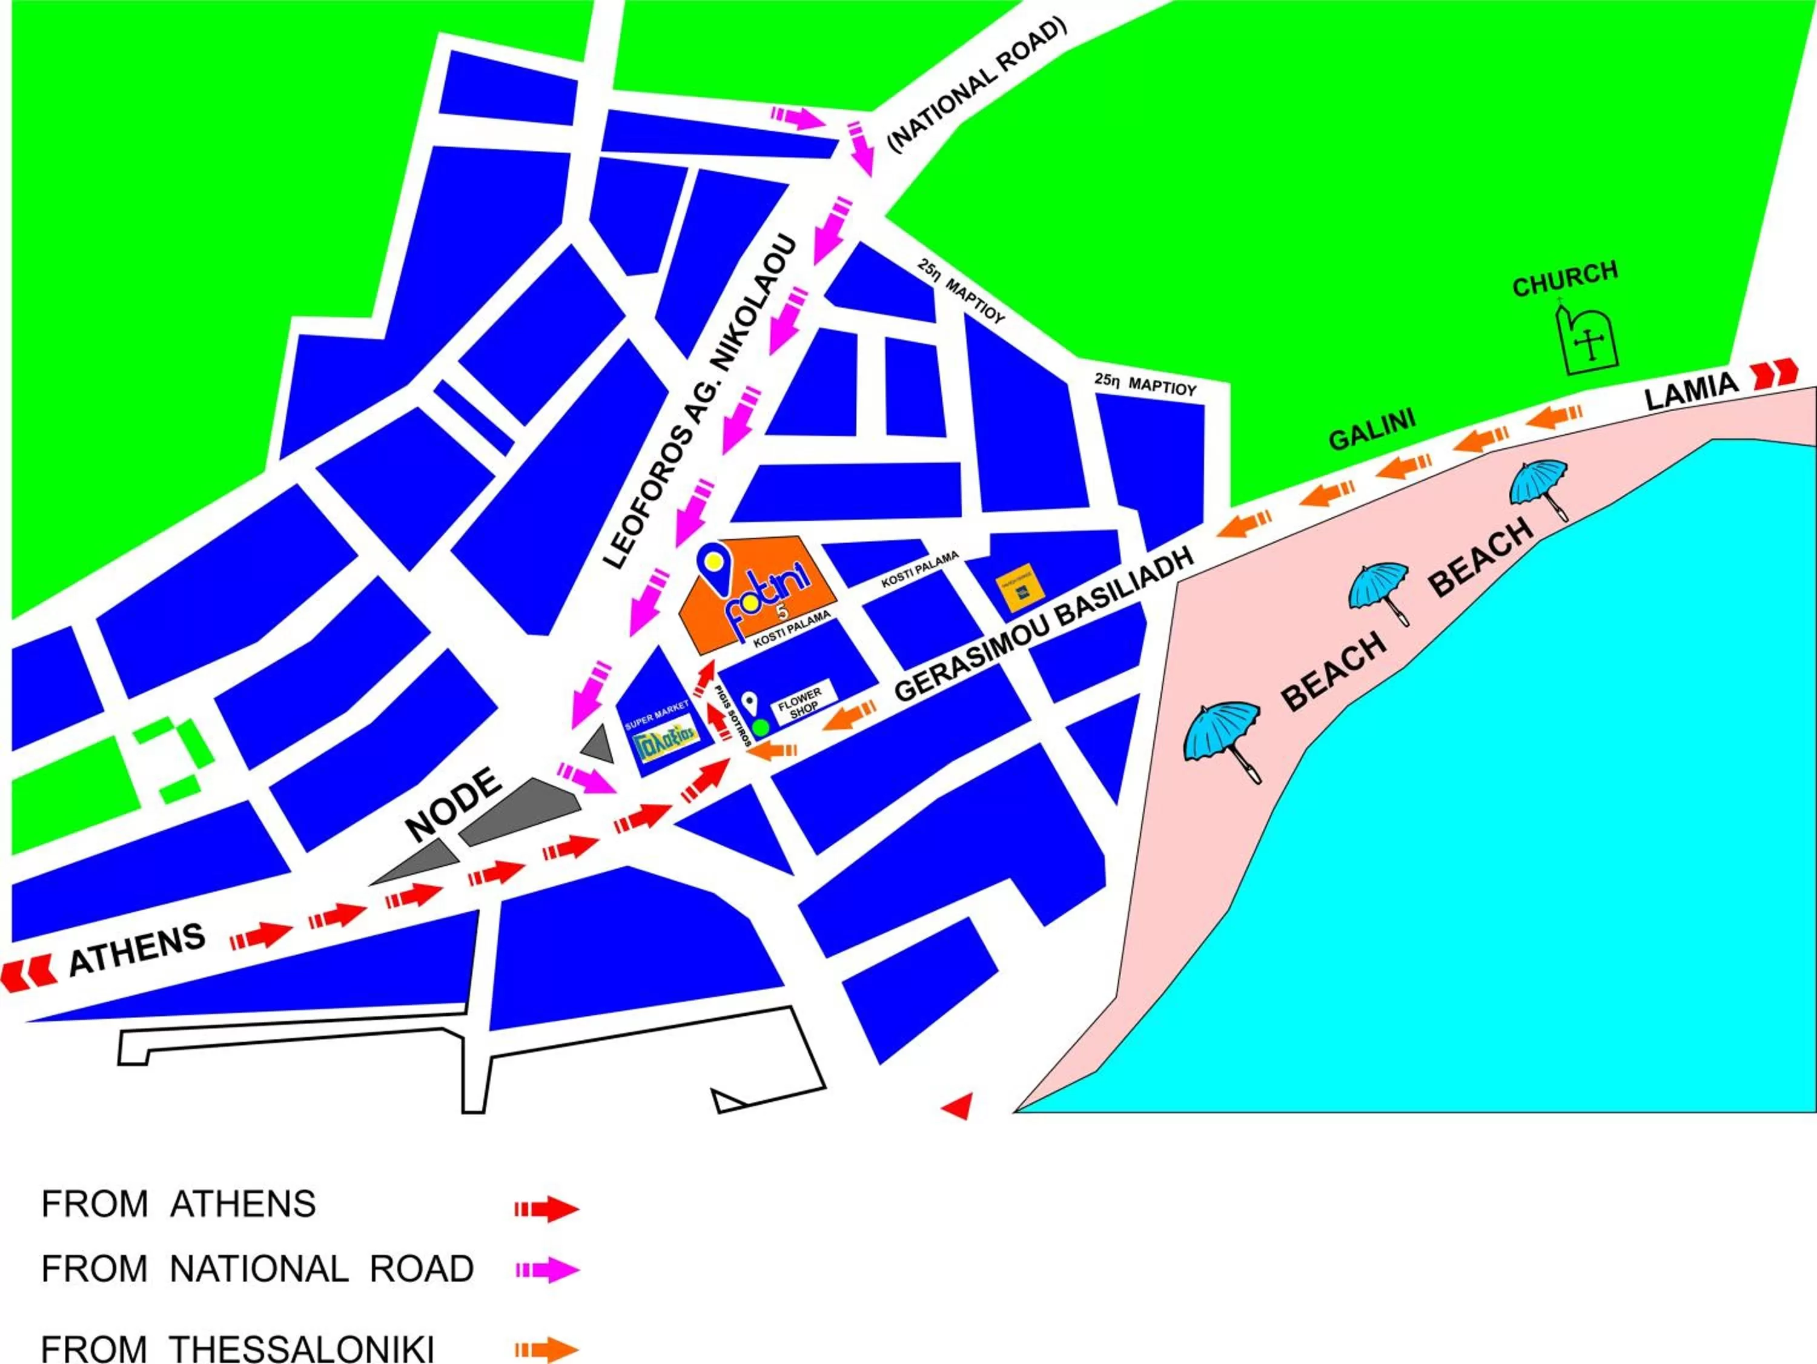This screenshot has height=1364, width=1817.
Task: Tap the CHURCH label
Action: (1565, 279)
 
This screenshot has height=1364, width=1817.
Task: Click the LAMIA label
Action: (1692, 390)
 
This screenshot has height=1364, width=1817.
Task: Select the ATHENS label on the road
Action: (136, 949)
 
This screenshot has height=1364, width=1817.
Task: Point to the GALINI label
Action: (1372, 429)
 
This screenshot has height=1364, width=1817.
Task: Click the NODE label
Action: (454, 804)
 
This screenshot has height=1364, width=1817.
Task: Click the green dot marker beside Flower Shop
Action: (761, 726)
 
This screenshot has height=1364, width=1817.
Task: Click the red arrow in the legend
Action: (547, 1209)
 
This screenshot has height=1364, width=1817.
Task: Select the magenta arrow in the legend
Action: (547, 1270)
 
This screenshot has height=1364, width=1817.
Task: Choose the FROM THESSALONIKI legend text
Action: (237, 1348)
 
